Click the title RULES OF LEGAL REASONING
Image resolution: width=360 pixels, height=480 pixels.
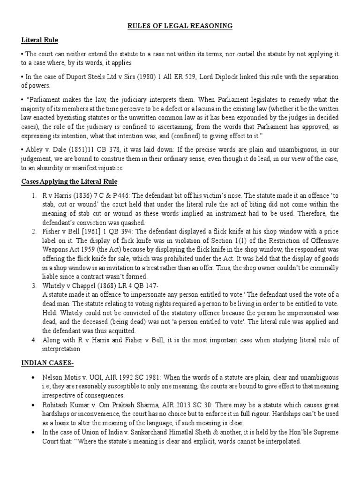180,26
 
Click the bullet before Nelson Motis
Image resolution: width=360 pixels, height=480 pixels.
32,377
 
